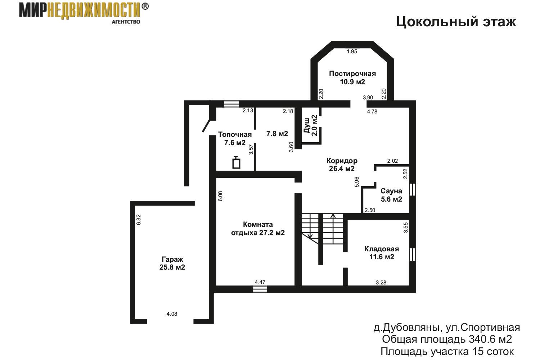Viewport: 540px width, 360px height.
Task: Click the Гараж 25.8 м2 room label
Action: (172, 263)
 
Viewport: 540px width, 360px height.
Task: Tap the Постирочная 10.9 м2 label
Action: (352, 78)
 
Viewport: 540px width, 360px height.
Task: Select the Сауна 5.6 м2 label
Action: (391, 195)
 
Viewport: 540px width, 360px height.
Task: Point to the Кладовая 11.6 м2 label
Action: (382, 253)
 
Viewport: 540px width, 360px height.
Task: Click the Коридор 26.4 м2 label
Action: (342, 165)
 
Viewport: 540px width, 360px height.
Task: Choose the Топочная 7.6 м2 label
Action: (235, 138)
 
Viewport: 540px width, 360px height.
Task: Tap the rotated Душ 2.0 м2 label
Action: (311, 125)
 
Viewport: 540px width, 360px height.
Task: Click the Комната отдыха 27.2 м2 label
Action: (258, 229)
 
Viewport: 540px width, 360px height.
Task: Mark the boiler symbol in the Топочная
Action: (236, 162)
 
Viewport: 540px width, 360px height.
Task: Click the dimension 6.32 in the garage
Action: (138, 220)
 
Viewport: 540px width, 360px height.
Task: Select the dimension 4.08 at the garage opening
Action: (172, 314)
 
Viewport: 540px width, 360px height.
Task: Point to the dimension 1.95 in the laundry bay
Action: (352, 51)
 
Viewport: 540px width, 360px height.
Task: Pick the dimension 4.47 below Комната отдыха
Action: (260, 282)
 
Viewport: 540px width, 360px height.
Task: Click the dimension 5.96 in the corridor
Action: (357, 182)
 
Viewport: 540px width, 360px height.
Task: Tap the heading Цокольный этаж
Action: (456, 22)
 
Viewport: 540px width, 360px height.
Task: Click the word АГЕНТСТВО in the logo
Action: (126, 22)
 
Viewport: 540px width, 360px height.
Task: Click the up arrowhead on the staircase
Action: (333, 216)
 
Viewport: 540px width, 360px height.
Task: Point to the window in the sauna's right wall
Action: (413, 189)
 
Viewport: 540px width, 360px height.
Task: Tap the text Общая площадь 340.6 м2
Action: (447, 339)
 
